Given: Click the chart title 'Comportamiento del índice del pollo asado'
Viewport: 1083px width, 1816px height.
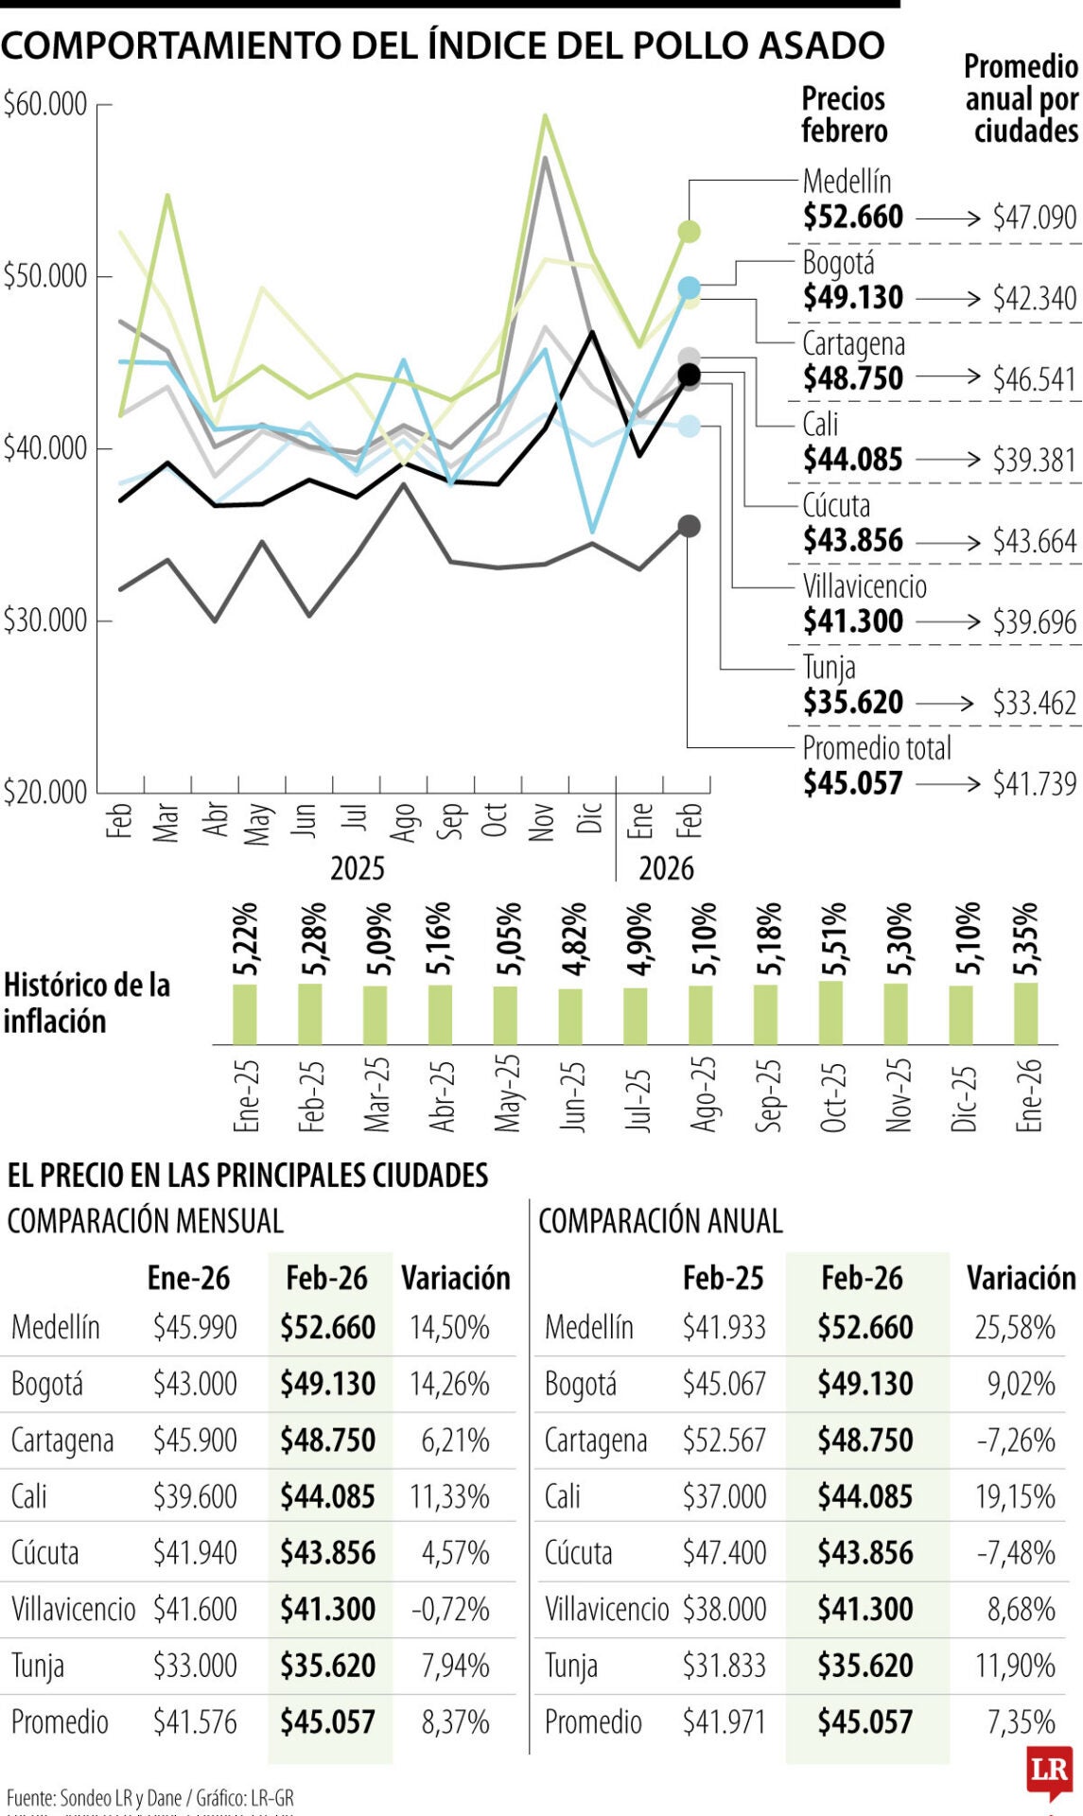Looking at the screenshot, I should click(443, 45).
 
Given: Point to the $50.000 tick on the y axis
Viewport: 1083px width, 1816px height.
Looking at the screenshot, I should click(45, 276).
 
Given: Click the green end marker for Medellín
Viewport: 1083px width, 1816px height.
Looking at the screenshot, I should click(690, 232).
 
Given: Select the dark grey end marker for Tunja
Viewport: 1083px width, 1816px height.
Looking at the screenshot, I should click(690, 526).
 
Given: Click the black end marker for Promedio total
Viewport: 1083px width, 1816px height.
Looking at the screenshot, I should click(690, 375).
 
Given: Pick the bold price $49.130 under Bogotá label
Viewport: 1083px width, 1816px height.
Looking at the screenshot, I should click(853, 298).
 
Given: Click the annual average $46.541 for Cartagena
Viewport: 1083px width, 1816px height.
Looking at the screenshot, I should click(1034, 379).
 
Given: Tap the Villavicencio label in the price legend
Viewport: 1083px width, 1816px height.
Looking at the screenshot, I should click(865, 586).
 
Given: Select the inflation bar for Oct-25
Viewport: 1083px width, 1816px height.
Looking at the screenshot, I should click(831, 1012).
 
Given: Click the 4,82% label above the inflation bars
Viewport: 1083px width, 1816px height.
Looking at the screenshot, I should click(573, 939).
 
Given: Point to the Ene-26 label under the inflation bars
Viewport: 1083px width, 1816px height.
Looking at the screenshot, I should click(1028, 1095).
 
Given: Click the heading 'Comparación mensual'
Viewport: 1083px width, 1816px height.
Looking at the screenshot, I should click(145, 1221).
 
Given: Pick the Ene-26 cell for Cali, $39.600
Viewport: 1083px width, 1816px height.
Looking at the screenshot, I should click(195, 1496).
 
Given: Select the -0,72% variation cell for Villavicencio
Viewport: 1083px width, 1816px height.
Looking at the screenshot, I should click(450, 1609).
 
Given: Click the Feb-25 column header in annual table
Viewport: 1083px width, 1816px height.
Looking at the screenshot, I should click(723, 1278).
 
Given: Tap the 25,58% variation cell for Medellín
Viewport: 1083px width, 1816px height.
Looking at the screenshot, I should click(1015, 1327).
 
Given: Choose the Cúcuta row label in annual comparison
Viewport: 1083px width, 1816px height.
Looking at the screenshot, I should click(578, 1553).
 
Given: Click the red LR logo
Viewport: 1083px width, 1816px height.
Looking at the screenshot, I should click(1049, 1771).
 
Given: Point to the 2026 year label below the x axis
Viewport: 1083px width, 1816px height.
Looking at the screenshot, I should click(666, 868).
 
